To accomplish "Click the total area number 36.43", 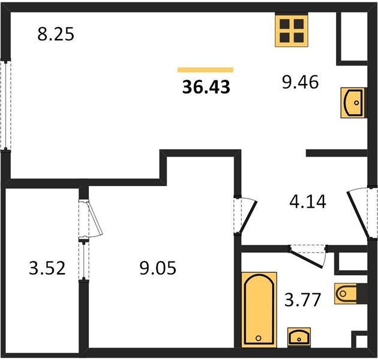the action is coord(206,87).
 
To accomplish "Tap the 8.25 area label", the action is coord(56,34).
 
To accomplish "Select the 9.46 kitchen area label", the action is coord(301,82).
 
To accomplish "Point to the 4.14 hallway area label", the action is coord(308,202).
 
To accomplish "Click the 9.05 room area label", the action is coord(158,268).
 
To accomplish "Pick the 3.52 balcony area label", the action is coord(47,268).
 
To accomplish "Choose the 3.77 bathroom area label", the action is coord(302,299).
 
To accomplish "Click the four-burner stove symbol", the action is coord(292,31).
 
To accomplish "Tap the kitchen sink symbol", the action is coord(353,103).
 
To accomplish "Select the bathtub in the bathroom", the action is coord(259,310).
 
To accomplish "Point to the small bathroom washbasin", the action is coord(299,337).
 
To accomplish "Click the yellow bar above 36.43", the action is coord(205,70).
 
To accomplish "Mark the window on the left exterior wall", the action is coord(5,104).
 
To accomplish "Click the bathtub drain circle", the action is coord(259,338).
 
